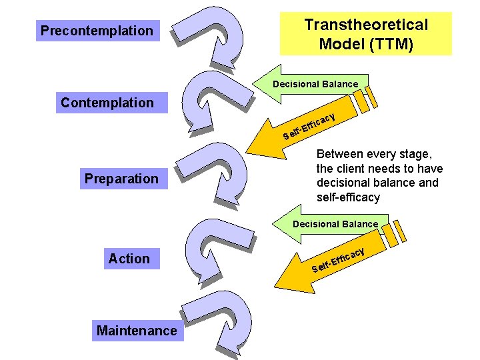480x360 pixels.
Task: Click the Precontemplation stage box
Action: coord(97,31)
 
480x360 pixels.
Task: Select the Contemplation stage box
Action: coord(107,103)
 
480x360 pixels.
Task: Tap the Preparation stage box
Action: coord(121,179)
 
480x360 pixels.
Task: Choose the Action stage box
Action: coord(129,259)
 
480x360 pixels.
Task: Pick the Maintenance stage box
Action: coord(137,331)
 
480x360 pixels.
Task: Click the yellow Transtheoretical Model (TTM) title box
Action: coord(365,35)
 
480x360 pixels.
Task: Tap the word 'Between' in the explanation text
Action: coord(339,154)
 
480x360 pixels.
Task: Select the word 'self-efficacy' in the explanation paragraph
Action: coord(348,197)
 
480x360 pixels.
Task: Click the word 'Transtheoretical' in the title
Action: coord(366,25)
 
